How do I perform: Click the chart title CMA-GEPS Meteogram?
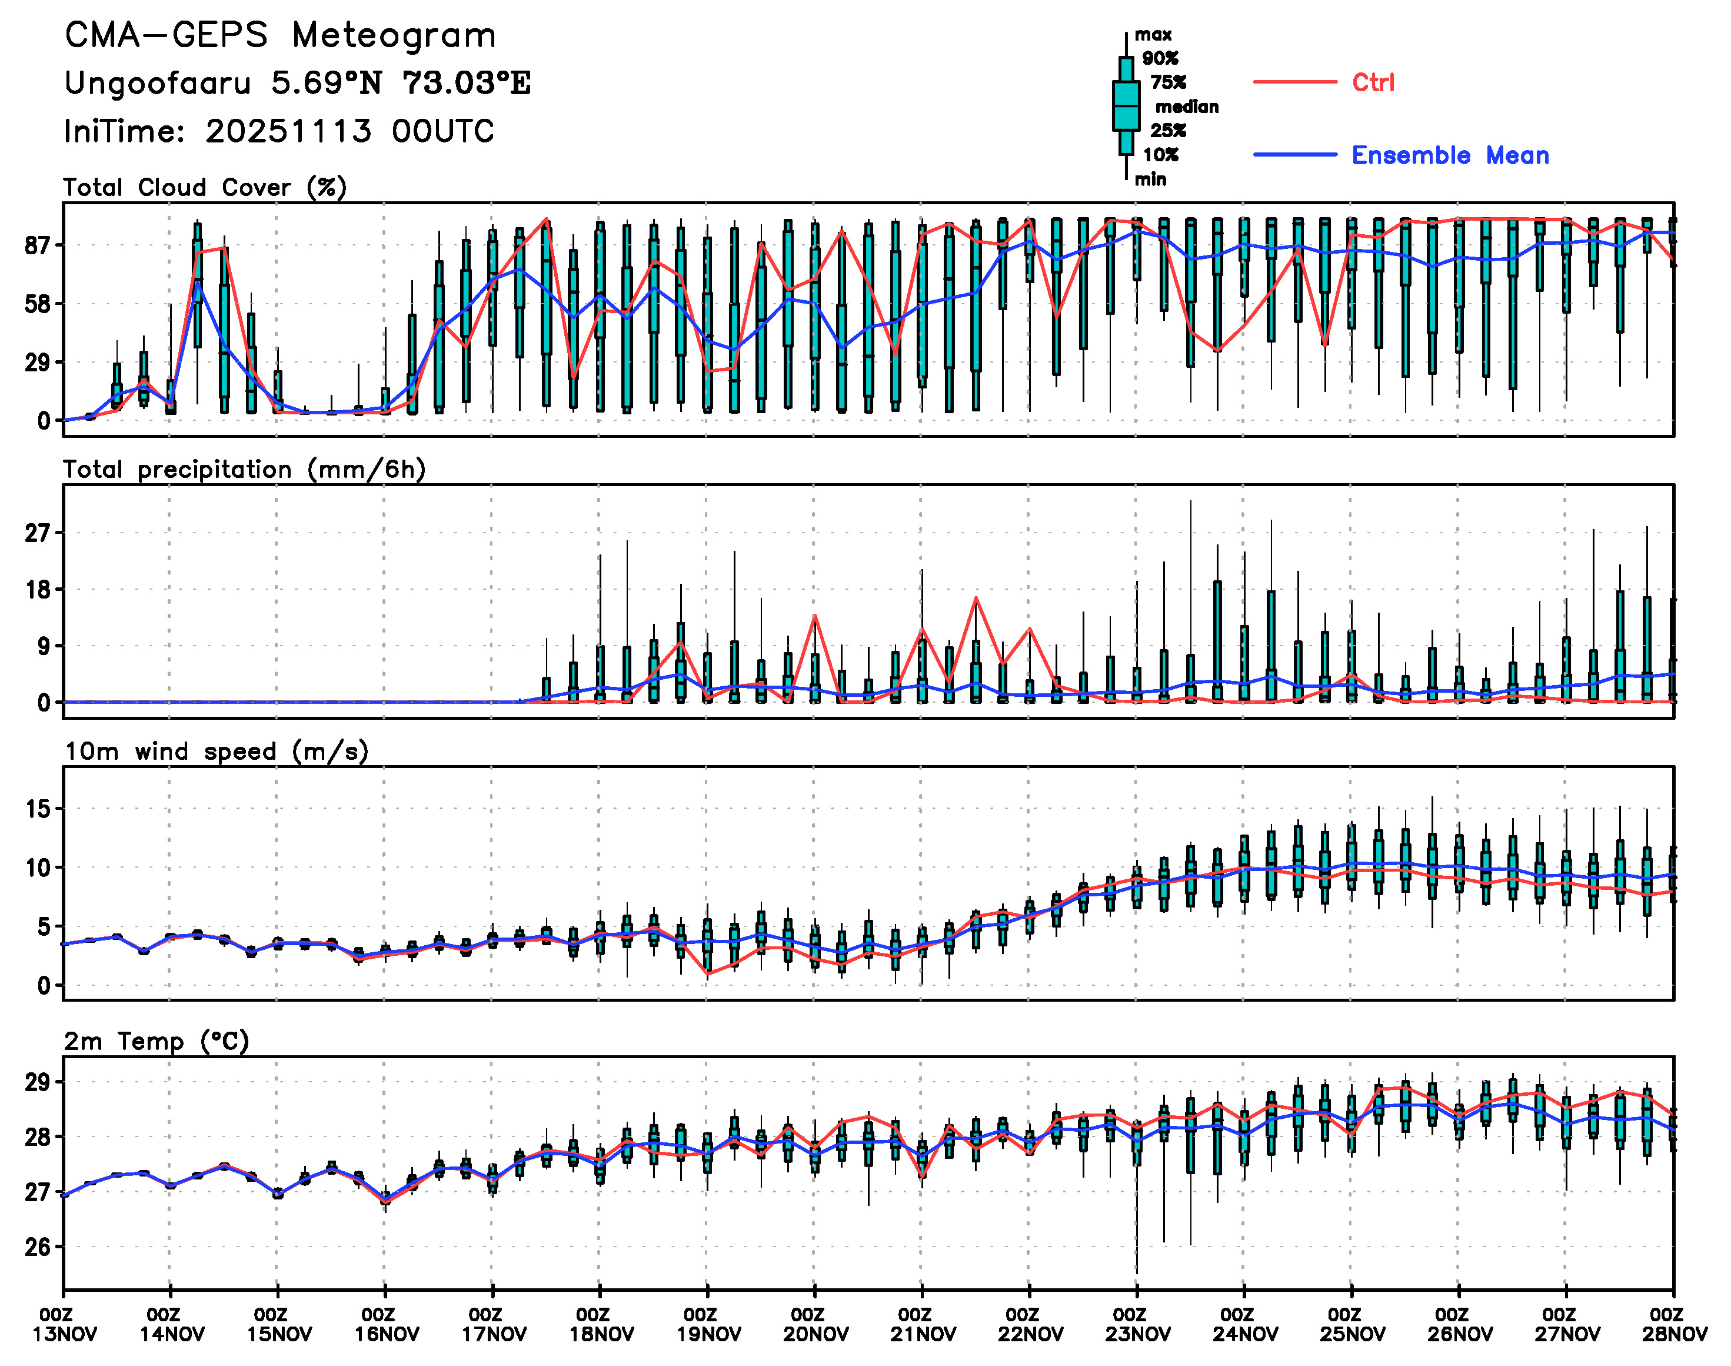tap(280, 36)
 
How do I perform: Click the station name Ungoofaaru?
tap(158, 83)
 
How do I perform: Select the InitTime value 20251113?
tap(288, 131)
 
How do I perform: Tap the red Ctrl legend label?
tap(1372, 82)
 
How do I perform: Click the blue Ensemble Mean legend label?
tap(1450, 155)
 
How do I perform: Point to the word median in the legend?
tap(1187, 107)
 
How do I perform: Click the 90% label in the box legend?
tap(1159, 58)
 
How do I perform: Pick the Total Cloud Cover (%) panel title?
tap(205, 188)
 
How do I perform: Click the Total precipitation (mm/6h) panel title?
tap(244, 470)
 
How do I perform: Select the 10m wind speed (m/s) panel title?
tap(216, 752)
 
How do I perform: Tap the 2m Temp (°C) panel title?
tap(157, 1041)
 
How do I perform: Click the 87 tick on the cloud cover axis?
tap(38, 245)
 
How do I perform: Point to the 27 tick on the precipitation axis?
tap(38, 533)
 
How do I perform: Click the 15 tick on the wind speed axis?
tap(38, 809)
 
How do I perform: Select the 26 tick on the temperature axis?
tap(38, 1247)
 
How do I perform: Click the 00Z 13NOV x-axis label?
tap(65, 1324)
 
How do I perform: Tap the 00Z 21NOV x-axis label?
tap(923, 1324)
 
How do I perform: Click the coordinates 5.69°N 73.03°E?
tap(401, 83)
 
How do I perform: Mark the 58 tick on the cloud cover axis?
tap(38, 304)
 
